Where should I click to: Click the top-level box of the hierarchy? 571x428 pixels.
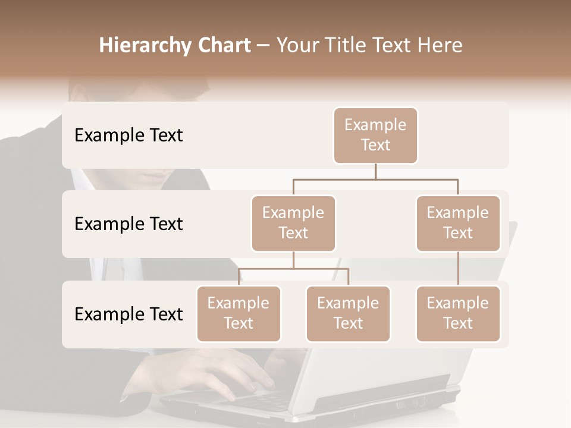(x=375, y=136)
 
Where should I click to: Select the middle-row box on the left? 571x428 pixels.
(x=293, y=224)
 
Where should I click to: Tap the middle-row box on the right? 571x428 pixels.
(x=458, y=224)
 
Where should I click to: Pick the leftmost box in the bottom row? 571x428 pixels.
(x=239, y=314)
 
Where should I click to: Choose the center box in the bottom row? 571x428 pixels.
(x=348, y=314)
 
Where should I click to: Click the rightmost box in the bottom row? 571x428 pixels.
(x=458, y=314)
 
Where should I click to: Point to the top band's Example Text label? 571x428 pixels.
(x=128, y=136)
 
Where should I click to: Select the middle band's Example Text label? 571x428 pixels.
(x=128, y=224)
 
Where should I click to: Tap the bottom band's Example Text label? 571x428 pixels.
(x=128, y=314)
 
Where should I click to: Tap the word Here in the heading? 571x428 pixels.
(x=440, y=45)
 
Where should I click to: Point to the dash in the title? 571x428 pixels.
(x=263, y=46)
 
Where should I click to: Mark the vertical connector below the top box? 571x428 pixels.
(x=375, y=171)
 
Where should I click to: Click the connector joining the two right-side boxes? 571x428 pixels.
(x=458, y=269)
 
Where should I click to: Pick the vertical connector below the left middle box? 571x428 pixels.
(x=293, y=260)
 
